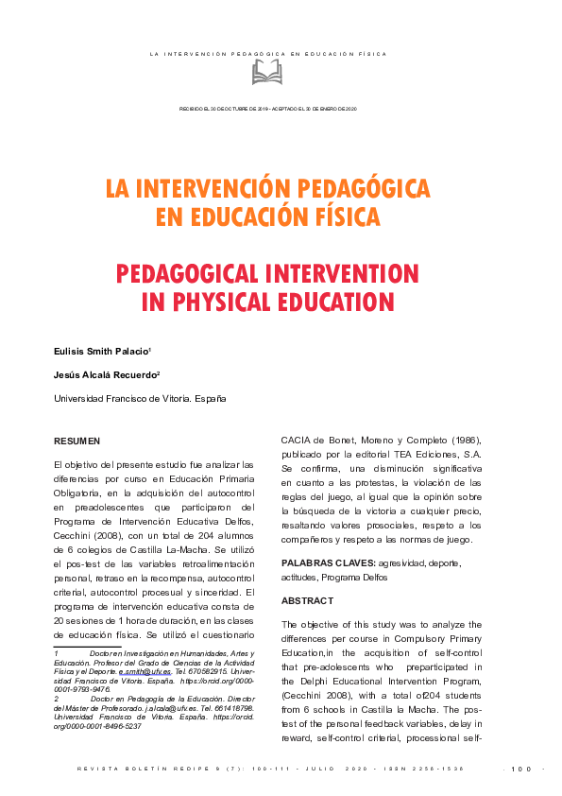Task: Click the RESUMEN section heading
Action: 77,441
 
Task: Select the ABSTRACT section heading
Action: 307,601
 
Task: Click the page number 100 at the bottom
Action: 521,769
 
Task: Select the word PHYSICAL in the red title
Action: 206,303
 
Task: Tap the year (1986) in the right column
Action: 460,441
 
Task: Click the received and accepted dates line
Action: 267,109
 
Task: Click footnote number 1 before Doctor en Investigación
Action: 57,654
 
